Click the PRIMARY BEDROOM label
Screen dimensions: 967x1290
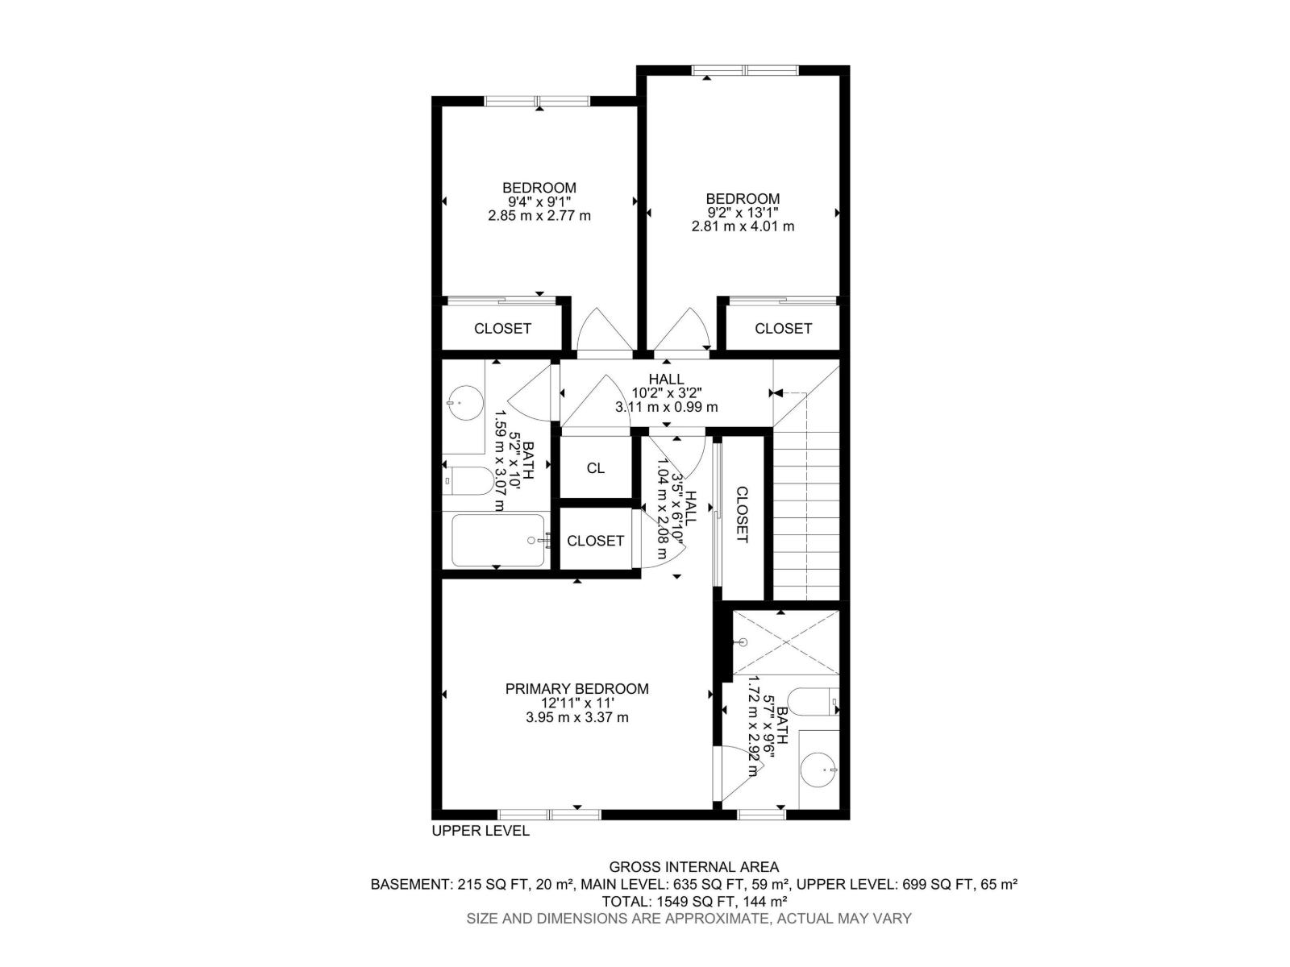click(x=576, y=689)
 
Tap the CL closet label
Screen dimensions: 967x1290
click(x=595, y=468)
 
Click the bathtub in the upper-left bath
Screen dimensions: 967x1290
click(x=497, y=540)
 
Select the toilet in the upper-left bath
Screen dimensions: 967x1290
click(x=470, y=482)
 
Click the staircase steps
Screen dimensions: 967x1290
click(x=806, y=516)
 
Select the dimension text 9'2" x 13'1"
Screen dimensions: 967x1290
click(x=743, y=213)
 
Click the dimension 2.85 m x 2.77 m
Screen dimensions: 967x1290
click(x=539, y=216)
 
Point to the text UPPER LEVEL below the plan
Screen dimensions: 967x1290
click(x=481, y=831)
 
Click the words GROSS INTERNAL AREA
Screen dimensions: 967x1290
click(x=693, y=867)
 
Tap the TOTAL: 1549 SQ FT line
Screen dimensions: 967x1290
click(x=693, y=901)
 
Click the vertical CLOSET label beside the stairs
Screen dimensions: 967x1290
click(x=742, y=515)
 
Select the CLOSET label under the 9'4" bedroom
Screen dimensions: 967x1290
click(x=502, y=328)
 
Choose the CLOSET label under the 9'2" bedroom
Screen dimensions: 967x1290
click(x=783, y=328)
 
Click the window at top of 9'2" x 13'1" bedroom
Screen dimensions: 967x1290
click(x=745, y=70)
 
